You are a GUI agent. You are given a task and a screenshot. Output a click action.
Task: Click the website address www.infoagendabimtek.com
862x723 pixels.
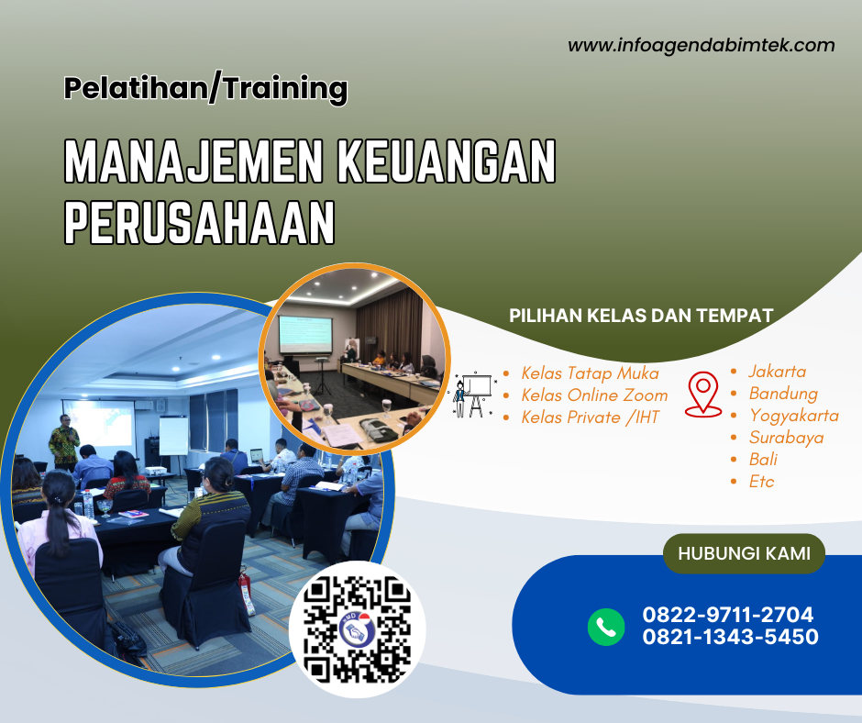701,45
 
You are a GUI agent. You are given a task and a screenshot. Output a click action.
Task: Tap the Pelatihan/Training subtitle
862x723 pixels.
206,89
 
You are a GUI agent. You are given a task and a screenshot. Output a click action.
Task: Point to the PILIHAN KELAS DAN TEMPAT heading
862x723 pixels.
641,316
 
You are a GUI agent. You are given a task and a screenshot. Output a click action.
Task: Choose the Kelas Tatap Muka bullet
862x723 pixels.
590,373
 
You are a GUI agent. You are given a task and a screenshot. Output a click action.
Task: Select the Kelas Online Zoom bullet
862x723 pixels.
594,395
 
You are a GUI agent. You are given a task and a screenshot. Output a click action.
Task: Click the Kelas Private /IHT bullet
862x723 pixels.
589,417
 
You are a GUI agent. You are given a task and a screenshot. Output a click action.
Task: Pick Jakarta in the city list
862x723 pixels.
777,372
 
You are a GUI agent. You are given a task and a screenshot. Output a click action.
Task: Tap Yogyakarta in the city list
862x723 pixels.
793,416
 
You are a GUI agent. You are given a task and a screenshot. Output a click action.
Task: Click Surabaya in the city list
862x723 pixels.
786,438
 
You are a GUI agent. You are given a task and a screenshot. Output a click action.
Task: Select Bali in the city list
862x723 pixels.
763,460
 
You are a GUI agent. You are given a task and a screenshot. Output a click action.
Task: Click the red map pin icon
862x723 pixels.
703,394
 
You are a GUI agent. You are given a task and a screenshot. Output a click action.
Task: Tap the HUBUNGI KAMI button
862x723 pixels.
743,554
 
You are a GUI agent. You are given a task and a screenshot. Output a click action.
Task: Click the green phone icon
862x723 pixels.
606,627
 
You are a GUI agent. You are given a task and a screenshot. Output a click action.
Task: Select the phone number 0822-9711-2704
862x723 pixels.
728,616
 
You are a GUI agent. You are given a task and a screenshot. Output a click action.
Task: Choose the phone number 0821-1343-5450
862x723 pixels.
730,637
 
